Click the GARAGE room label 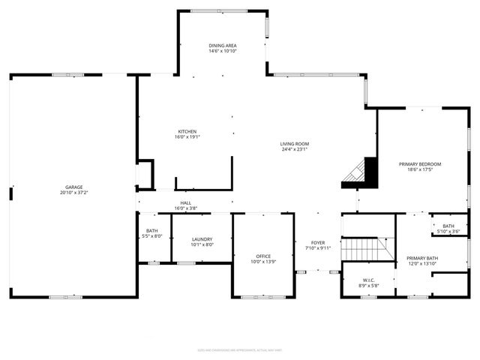pyautogui.click(x=73, y=187)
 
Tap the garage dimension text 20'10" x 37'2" pyautogui.click(x=73, y=193)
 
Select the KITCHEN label pyautogui.click(x=187, y=131)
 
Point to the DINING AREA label pyautogui.click(x=223, y=46)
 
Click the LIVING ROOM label pyautogui.click(x=295, y=144)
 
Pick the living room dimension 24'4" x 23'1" pyautogui.click(x=295, y=149)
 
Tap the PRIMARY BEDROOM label pyautogui.click(x=419, y=164)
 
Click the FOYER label pyautogui.click(x=319, y=242)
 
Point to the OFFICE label pyautogui.click(x=262, y=256)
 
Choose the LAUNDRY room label pyautogui.click(x=202, y=239)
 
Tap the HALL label pyautogui.click(x=185, y=202)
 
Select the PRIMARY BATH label pyautogui.click(x=423, y=258)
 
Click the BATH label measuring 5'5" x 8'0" pyautogui.click(x=152, y=231)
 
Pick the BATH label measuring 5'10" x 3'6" pyautogui.click(x=448, y=226)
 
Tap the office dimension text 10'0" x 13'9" pyautogui.click(x=262, y=261)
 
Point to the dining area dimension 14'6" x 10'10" pyautogui.click(x=223, y=51)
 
